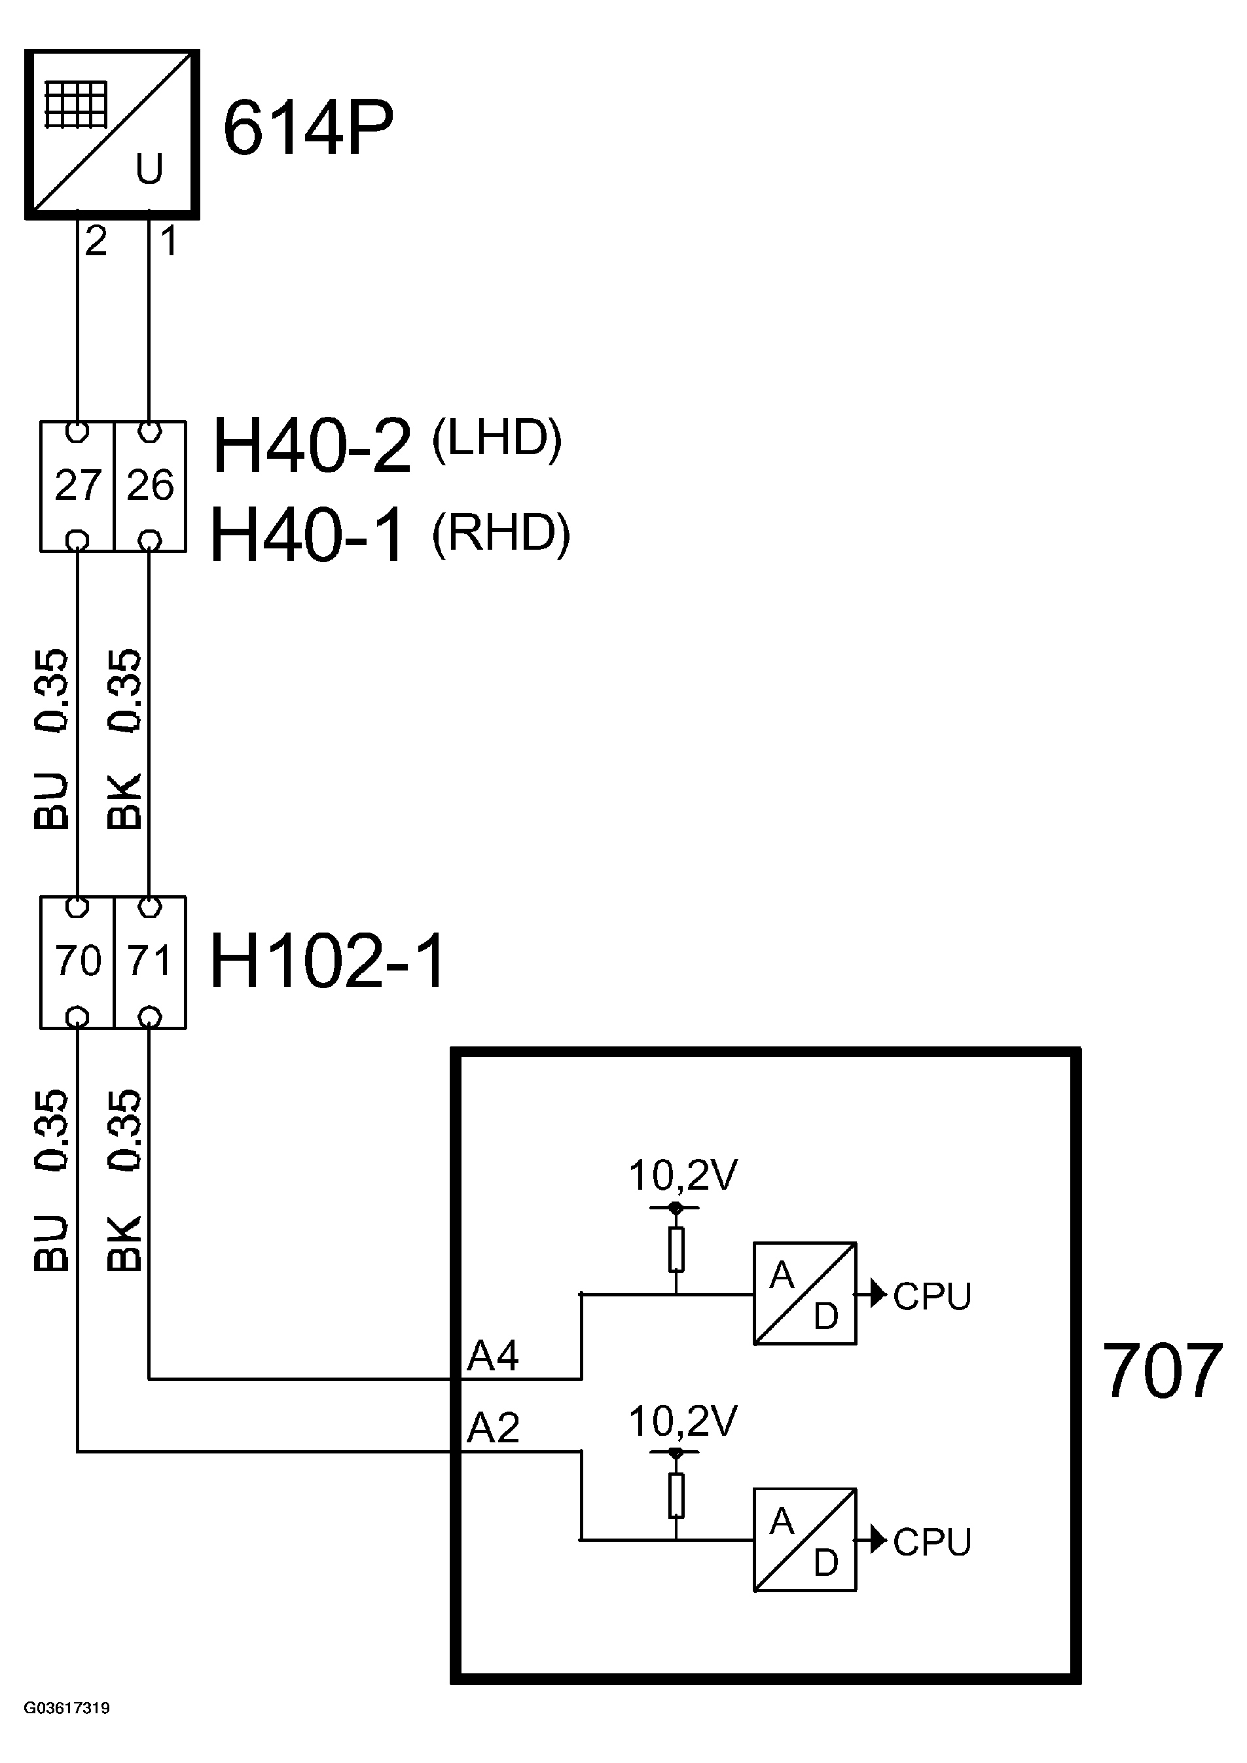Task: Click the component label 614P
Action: pos(308,128)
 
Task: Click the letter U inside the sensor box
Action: pos(149,169)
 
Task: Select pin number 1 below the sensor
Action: pos(169,242)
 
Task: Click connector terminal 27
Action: pos(77,486)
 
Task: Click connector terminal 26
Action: pos(151,486)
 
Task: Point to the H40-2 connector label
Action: pos(312,446)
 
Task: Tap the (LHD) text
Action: pos(497,439)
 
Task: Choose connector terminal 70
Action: pos(77,961)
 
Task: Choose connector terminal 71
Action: pos(151,961)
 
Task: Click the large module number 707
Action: pos(1162,1372)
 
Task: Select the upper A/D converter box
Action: pos(804,1294)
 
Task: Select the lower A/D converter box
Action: pos(804,1540)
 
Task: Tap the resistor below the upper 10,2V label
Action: pos(676,1249)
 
